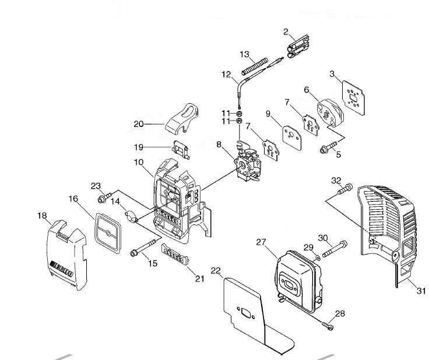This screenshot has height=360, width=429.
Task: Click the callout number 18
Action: click(x=42, y=216)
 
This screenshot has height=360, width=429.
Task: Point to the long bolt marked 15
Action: click(x=144, y=248)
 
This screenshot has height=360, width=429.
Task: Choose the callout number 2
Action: click(x=286, y=31)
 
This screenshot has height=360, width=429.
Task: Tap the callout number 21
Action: click(x=199, y=279)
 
